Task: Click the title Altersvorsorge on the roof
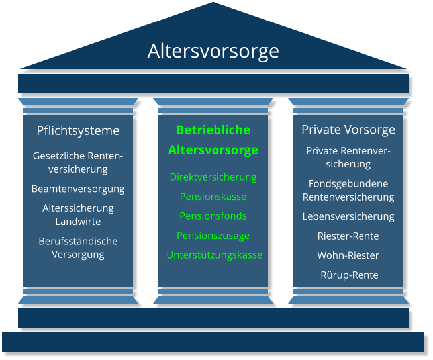click(213, 51)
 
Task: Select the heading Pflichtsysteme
click(78, 130)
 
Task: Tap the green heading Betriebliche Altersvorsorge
click(213, 140)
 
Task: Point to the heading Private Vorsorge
click(348, 129)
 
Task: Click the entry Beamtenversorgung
click(78, 189)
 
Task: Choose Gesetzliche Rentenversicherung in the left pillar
click(78, 162)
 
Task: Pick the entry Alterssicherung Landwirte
click(78, 214)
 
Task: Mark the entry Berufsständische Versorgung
click(78, 247)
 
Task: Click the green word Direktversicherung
click(213, 177)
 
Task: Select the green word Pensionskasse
click(213, 197)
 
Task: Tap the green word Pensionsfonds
click(213, 216)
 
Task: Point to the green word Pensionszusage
click(213, 236)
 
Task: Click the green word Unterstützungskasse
click(214, 255)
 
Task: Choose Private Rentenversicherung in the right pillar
click(348, 157)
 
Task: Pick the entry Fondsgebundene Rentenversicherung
click(348, 190)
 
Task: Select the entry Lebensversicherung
click(348, 216)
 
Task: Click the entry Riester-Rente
click(348, 236)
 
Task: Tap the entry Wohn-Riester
click(348, 255)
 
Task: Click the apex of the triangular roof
click(213, 4)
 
